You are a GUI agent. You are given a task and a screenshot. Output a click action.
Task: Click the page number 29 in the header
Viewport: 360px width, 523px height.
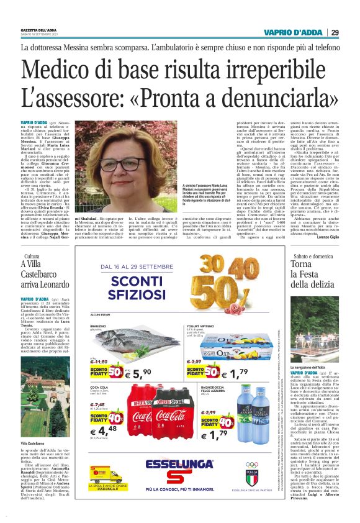pyautogui.click(x=335, y=32)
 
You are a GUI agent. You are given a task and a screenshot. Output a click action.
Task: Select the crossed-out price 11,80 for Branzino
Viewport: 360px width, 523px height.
pyautogui.click(x=100, y=343)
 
